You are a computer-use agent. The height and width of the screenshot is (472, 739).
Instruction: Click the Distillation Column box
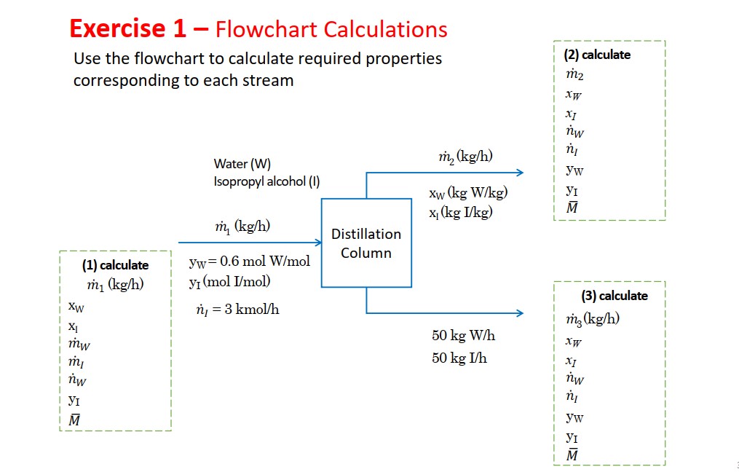pyautogui.click(x=366, y=243)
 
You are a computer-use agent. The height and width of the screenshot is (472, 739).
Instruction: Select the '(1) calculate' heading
pyautogui.click(x=115, y=265)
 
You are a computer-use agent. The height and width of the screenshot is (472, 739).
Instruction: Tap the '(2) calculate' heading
pyautogui.click(x=597, y=55)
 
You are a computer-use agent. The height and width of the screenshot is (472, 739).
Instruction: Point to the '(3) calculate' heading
pyautogui.click(x=614, y=296)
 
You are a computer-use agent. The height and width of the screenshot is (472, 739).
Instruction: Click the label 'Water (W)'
pyautogui.click(x=242, y=164)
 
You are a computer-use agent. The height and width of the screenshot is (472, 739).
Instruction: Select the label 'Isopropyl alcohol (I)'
pyautogui.click(x=266, y=181)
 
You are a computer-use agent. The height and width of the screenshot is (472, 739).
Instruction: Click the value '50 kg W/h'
pyautogui.click(x=463, y=336)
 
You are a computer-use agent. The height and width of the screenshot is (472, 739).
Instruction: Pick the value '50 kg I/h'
pyautogui.click(x=459, y=358)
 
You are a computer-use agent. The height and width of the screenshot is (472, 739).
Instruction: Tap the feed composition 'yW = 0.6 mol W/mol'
pyautogui.click(x=249, y=261)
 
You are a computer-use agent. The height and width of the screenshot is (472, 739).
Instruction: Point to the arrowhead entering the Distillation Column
pyautogui.click(x=318, y=242)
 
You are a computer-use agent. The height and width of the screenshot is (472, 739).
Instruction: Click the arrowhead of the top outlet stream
pyautogui.click(x=520, y=173)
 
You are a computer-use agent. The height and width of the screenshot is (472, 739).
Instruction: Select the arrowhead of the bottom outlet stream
pyautogui.click(x=520, y=313)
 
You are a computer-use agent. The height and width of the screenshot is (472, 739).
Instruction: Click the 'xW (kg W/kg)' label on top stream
pyautogui.click(x=468, y=194)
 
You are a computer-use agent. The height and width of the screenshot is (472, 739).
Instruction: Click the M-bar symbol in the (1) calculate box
pyautogui.click(x=74, y=419)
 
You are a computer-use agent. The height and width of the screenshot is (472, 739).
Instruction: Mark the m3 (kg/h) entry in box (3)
pyautogui.click(x=593, y=319)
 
